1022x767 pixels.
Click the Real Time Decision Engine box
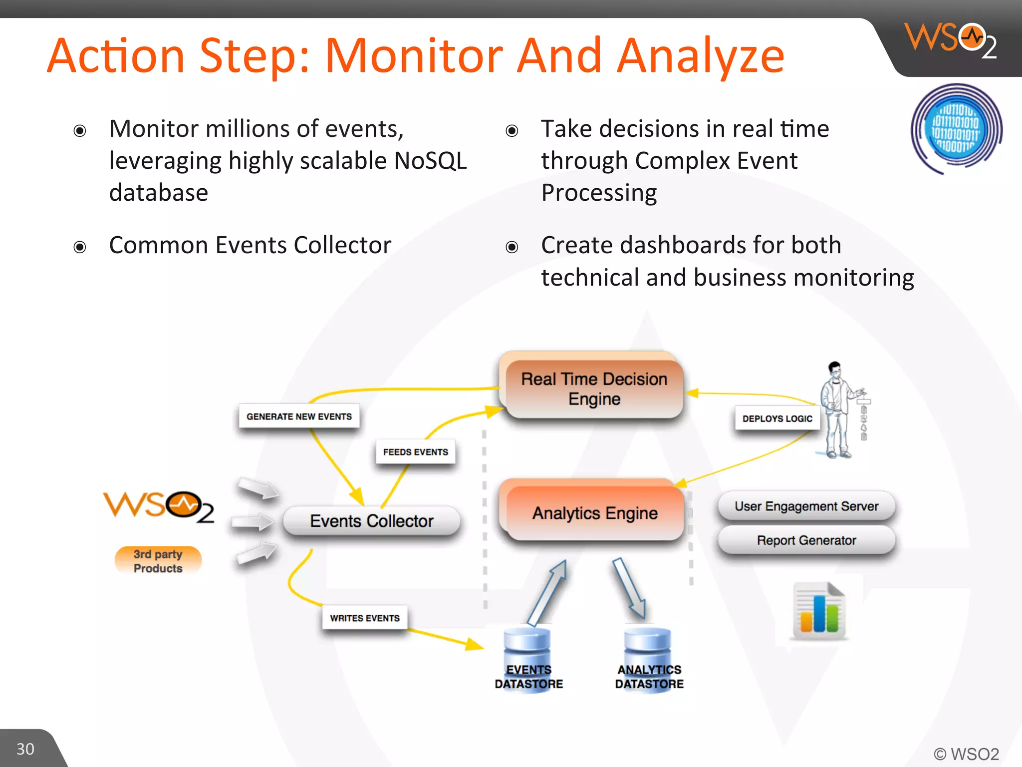594,388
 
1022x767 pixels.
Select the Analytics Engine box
594,513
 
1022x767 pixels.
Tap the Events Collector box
371,521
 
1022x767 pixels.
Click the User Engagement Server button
806,506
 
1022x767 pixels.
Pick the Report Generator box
806,540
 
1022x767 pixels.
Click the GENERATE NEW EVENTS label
299,416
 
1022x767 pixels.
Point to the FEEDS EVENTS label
415,452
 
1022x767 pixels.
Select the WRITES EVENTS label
365,618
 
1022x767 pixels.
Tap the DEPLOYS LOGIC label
777,418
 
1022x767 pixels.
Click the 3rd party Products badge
158,561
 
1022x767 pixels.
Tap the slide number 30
25,749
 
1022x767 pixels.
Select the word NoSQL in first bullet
430,161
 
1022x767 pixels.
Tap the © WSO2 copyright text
966,754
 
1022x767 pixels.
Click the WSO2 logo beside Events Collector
159,506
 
